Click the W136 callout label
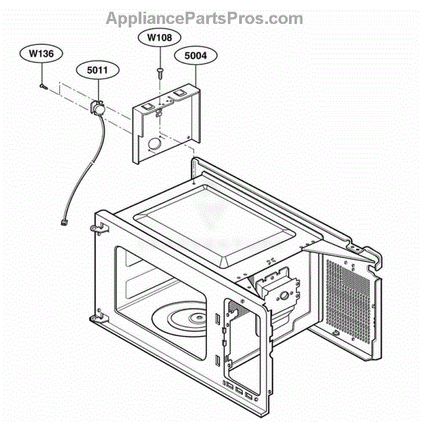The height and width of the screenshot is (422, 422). (x=41, y=53)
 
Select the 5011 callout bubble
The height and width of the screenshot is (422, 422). (x=98, y=70)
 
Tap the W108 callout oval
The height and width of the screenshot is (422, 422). (x=160, y=37)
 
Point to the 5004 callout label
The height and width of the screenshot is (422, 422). (x=196, y=56)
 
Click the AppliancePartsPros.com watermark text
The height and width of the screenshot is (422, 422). (x=205, y=18)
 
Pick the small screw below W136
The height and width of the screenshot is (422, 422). (x=44, y=87)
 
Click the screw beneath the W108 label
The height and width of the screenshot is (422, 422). (x=160, y=73)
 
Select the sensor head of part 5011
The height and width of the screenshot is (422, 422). (x=97, y=108)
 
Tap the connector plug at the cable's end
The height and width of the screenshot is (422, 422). (x=64, y=222)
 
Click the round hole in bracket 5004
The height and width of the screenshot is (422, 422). (x=154, y=144)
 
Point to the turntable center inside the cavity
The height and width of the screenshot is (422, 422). (x=197, y=318)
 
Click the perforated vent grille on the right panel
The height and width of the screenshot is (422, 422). (x=347, y=300)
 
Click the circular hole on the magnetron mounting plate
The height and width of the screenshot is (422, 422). (x=284, y=296)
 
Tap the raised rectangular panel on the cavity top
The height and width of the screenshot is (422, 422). (x=214, y=226)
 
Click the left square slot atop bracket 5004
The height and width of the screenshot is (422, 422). (x=147, y=107)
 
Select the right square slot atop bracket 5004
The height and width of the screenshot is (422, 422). (x=179, y=93)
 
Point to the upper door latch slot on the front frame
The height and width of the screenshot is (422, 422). (x=217, y=319)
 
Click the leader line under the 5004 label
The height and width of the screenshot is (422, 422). (x=196, y=75)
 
